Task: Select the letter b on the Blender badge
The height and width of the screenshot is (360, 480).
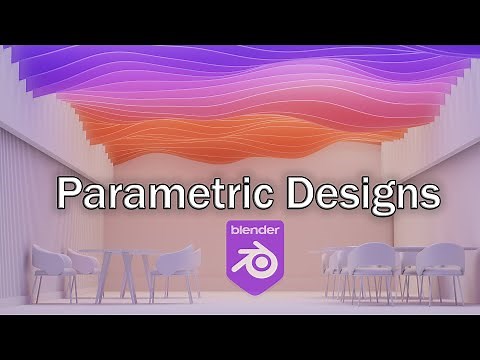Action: click(236, 229)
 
